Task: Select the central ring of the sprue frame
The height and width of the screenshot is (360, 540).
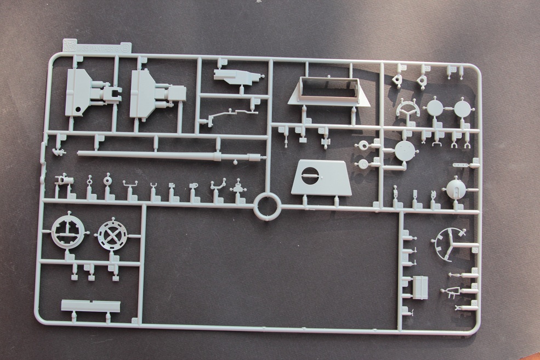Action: pyautogui.click(x=268, y=207)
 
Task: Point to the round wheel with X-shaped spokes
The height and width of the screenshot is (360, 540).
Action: pyautogui.click(x=111, y=236)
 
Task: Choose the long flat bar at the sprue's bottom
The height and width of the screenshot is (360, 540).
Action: pyautogui.click(x=90, y=306)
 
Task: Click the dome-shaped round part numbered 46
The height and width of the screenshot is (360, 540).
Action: pyautogui.click(x=455, y=189)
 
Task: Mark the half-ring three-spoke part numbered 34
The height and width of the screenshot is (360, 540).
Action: pyautogui.click(x=408, y=108)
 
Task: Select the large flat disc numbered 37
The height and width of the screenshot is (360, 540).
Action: pyautogui.click(x=405, y=151)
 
